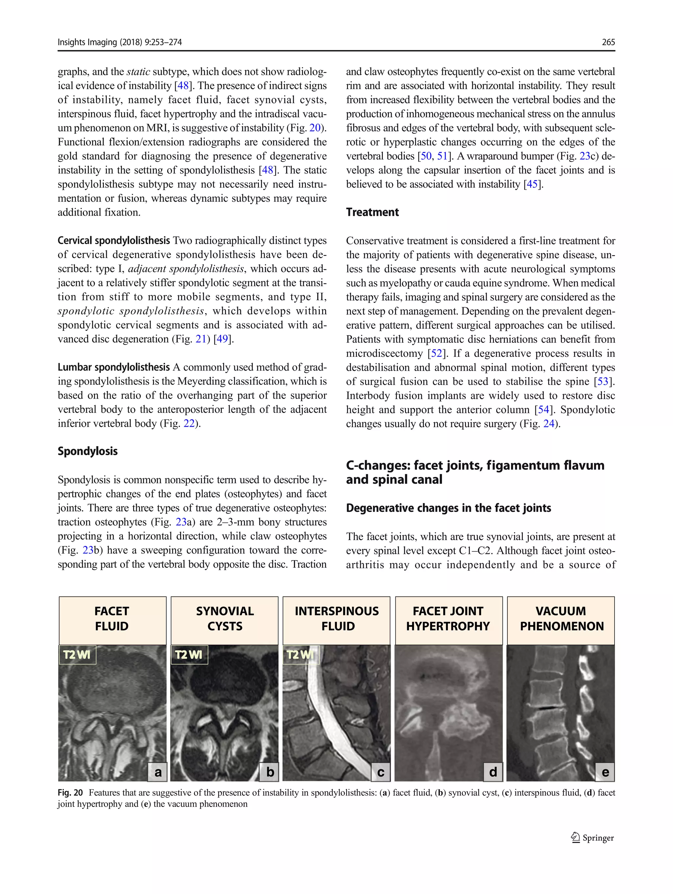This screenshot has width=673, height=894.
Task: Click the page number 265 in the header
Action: pyautogui.click(x=608, y=42)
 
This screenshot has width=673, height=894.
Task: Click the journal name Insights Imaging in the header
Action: pyautogui.click(x=87, y=42)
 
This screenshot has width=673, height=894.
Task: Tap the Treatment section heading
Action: pyautogui.click(x=372, y=212)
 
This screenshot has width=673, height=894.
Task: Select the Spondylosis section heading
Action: pyautogui.click(x=87, y=451)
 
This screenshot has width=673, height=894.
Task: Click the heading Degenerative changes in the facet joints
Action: pyautogui.click(x=448, y=508)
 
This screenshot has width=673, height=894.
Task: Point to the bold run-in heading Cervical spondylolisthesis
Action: pyautogui.click(x=114, y=241)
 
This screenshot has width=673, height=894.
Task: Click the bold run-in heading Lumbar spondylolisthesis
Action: pyautogui.click(x=114, y=367)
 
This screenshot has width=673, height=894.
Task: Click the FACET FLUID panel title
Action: pyautogui.click(x=112, y=618)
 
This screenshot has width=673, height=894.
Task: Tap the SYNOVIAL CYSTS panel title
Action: pyautogui.click(x=225, y=618)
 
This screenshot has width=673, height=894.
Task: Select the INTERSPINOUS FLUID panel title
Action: pyautogui.click(x=337, y=618)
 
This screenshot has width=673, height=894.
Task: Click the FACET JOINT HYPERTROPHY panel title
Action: pyautogui.click(x=448, y=618)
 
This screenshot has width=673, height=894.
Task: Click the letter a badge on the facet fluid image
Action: pyautogui.click(x=158, y=772)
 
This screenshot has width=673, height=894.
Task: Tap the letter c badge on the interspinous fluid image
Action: pyautogui.click(x=381, y=772)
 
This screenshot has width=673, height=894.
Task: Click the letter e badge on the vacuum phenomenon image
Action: pyautogui.click(x=605, y=772)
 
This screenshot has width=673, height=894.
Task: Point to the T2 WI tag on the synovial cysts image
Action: pyautogui.click(x=189, y=655)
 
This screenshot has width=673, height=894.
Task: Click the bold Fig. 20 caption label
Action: pyautogui.click(x=70, y=793)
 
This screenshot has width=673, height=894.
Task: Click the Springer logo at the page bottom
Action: pyautogui.click(x=593, y=838)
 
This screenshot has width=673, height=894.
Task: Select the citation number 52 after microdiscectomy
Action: pyautogui.click(x=436, y=353)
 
